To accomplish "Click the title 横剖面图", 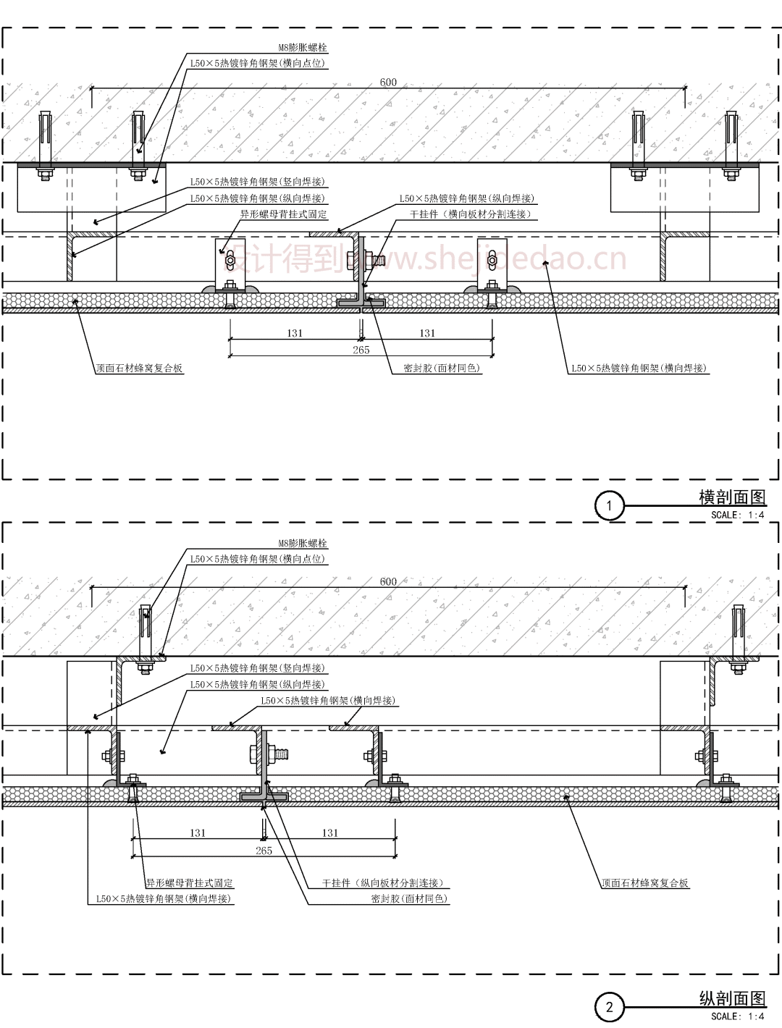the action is (x=731, y=497).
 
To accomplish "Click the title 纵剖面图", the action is (x=731, y=998).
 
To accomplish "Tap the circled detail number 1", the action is (x=610, y=505).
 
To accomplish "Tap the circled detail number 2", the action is (x=610, y=1007).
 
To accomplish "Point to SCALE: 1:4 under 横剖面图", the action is (x=737, y=515).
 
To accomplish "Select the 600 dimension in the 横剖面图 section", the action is (x=388, y=82).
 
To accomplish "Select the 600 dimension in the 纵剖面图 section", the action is (x=388, y=581).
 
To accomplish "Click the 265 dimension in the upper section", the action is (x=361, y=350).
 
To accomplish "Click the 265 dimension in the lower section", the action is (x=264, y=851).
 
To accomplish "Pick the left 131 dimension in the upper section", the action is (x=295, y=333).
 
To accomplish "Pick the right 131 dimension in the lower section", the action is (x=330, y=833).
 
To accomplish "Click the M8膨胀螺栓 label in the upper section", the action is (x=303, y=48).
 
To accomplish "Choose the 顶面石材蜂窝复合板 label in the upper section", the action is (x=140, y=368).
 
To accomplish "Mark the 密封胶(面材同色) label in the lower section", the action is (x=409, y=898).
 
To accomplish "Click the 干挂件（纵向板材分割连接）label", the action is (x=382, y=883).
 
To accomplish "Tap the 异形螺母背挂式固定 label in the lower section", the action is (x=190, y=883).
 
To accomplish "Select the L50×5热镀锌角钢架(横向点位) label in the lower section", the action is (x=258, y=559).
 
